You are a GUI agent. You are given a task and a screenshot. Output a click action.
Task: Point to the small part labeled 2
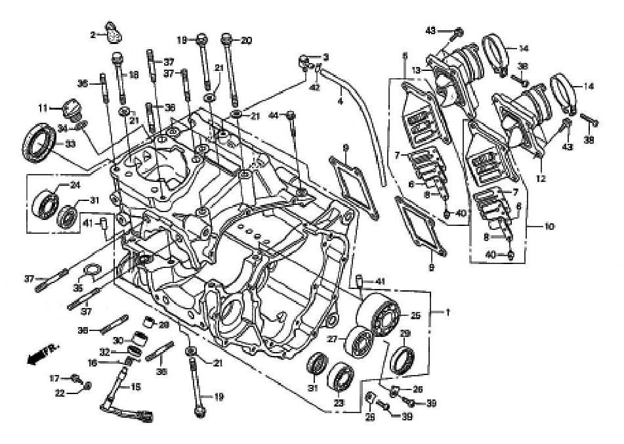pos(114,30)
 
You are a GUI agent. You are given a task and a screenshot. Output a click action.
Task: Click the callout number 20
pos(246,41)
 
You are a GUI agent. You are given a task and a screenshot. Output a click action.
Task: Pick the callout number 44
pos(272,116)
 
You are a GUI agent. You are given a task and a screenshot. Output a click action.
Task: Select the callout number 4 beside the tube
pos(340,102)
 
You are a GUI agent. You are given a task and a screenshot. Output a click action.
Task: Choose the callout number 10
pos(548,227)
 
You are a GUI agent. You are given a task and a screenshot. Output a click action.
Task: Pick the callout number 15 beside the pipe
pos(136,388)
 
